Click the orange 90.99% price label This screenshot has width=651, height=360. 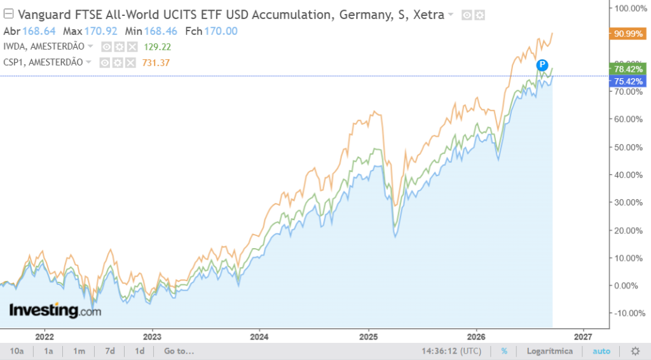[627, 34]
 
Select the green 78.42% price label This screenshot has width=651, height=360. [627, 69]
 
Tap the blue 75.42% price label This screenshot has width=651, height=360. [627, 81]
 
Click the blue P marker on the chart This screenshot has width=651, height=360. [542, 65]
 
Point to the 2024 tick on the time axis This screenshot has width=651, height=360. [259, 336]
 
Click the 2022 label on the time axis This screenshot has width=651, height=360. [45, 336]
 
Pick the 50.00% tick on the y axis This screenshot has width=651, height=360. [628, 148]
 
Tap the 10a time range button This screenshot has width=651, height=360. [17, 351]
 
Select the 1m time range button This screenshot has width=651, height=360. [79, 351]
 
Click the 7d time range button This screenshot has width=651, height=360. [109, 351]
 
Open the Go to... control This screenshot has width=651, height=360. [179, 351]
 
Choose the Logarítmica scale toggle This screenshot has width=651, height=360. [550, 351]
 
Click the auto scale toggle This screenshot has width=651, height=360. [601, 351]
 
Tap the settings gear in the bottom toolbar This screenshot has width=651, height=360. [635, 351]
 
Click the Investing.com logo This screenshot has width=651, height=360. [55, 310]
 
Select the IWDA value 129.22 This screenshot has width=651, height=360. [158, 47]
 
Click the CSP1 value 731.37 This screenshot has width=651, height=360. [156, 63]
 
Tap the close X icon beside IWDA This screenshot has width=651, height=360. [132, 47]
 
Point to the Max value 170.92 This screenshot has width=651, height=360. [100, 31]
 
